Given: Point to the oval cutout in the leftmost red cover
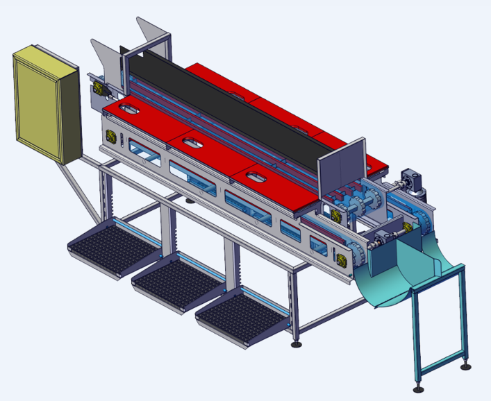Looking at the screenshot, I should tap(129, 109).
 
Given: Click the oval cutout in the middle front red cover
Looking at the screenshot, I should tap(192, 142).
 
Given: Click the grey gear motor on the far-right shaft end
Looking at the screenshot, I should tap(415, 182).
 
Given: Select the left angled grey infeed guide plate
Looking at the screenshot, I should tap(104, 59).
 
